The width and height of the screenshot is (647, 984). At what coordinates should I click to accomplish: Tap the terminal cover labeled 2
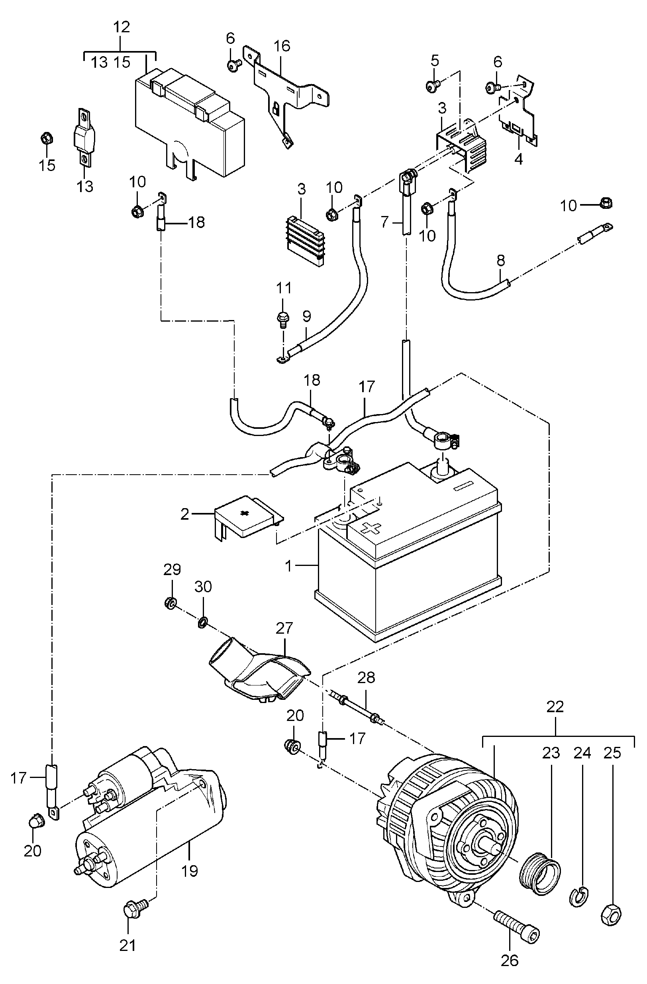pos(248,517)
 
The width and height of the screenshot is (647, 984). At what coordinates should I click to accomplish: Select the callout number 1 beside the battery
pos(288,565)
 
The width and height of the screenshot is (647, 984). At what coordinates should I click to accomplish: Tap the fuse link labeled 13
pos(84,137)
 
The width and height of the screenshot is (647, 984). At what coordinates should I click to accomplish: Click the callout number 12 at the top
pos(121,27)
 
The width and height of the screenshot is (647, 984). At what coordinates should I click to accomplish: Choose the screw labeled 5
pos(432,86)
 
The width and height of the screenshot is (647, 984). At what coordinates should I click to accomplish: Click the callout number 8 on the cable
pos(501,260)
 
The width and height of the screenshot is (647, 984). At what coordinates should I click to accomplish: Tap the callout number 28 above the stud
pos(366,678)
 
